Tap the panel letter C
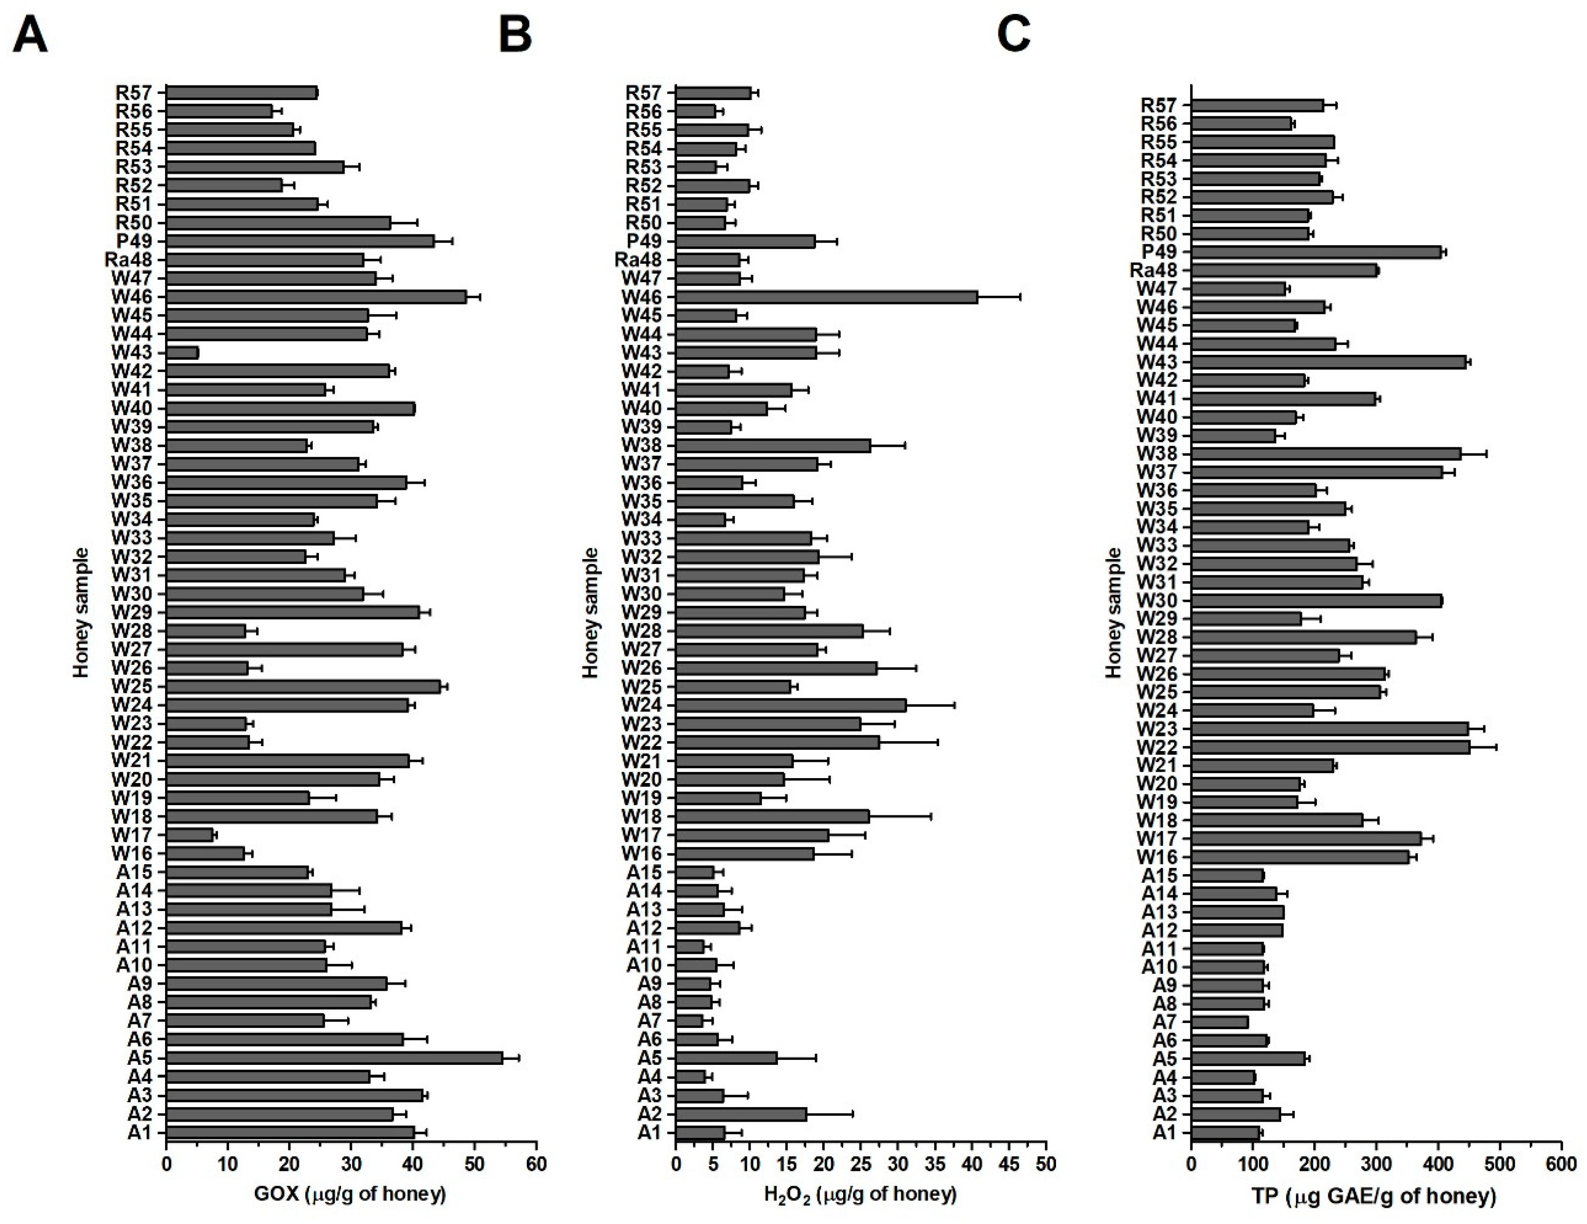[1014, 35]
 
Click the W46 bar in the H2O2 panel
[826, 296]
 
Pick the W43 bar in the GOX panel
[182, 352]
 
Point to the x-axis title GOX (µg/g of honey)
[350, 1193]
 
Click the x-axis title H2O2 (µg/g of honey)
[860, 1193]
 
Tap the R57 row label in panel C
[1160, 106]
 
